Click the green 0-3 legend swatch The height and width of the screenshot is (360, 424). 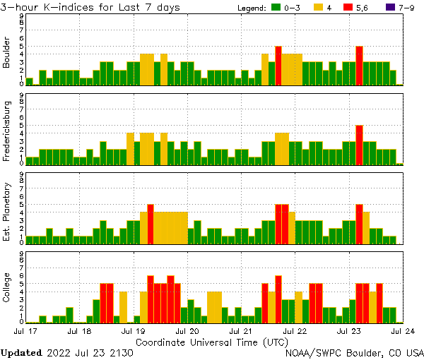276,8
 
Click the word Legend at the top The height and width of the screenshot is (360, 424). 250,8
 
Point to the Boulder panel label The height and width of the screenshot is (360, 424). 7,53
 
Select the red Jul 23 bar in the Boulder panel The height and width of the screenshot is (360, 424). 360,66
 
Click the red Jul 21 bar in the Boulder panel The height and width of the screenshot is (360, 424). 278,66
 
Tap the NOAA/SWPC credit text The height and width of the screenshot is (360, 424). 354,352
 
